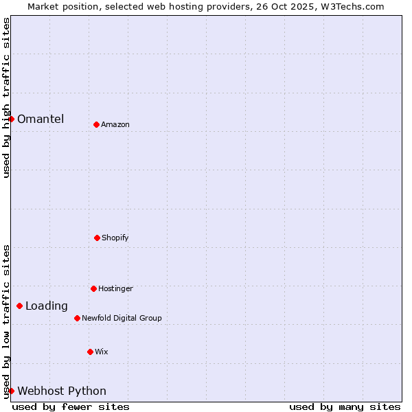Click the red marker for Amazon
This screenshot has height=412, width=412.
tap(96, 124)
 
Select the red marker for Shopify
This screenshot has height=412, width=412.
tap(97, 238)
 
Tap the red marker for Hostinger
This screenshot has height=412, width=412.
tap(93, 288)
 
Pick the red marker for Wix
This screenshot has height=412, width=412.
tap(90, 352)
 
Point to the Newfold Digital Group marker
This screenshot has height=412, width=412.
tap(77, 318)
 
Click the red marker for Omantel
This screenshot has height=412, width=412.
tap(11, 119)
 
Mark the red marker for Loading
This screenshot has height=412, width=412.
tap(19, 306)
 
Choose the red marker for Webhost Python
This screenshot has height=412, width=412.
tap(11, 391)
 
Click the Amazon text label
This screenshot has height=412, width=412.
tap(115, 124)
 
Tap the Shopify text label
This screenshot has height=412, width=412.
tap(115, 238)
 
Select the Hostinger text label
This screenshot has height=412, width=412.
tap(115, 288)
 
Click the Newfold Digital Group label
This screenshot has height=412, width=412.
tap(122, 318)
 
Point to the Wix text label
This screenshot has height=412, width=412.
tap(102, 352)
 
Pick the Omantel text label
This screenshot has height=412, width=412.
tap(41, 119)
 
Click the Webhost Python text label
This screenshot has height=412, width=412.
tap(62, 391)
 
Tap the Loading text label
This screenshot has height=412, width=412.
tap(47, 306)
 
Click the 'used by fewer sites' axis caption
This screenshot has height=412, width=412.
tap(71, 407)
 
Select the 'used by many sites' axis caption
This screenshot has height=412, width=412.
tap(345, 407)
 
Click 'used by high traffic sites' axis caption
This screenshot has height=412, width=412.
tap(6, 98)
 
